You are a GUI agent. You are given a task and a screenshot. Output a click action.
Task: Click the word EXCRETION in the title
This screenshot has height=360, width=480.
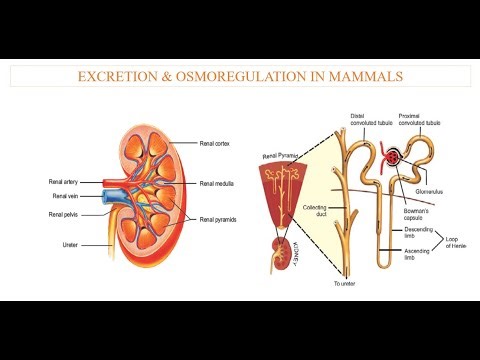114,76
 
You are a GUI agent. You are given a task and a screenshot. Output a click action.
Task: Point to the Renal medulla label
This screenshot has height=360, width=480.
219,184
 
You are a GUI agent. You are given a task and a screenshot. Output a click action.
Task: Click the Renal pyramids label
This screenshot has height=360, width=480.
221,219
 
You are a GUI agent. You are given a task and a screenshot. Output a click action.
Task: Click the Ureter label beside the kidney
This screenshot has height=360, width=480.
61,240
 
